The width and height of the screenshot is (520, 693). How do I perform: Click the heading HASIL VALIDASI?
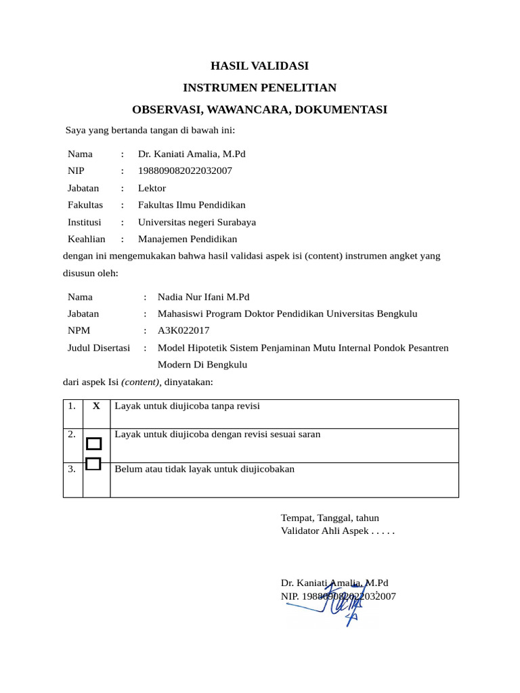pyautogui.click(x=259, y=66)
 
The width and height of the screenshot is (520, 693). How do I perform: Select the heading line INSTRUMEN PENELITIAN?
pyautogui.click(x=259, y=88)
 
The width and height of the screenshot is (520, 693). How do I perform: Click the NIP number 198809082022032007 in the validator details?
pyautogui.click(x=185, y=171)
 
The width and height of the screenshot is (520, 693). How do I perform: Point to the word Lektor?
pyautogui.click(x=152, y=188)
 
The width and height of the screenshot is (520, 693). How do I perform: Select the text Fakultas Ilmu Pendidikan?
pyautogui.click(x=192, y=205)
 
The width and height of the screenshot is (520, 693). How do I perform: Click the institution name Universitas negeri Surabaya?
pyautogui.click(x=197, y=222)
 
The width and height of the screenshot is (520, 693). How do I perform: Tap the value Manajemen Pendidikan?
pyautogui.click(x=188, y=239)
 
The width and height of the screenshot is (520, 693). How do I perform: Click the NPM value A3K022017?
pyautogui.click(x=183, y=331)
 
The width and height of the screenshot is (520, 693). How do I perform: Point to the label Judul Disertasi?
pyautogui.click(x=99, y=348)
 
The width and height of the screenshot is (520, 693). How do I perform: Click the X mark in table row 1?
pyautogui.click(x=96, y=406)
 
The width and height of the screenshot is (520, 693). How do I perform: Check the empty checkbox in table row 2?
pyautogui.click(x=94, y=444)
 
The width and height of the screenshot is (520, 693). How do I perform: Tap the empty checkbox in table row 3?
pyautogui.click(x=94, y=464)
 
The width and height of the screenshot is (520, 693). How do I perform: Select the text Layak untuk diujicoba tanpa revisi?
pyautogui.click(x=188, y=406)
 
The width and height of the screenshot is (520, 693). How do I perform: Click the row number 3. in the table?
pyautogui.click(x=72, y=469)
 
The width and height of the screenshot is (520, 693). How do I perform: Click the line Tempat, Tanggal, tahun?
pyautogui.click(x=330, y=518)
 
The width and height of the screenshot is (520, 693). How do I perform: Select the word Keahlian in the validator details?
pyautogui.click(x=87, y=239)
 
